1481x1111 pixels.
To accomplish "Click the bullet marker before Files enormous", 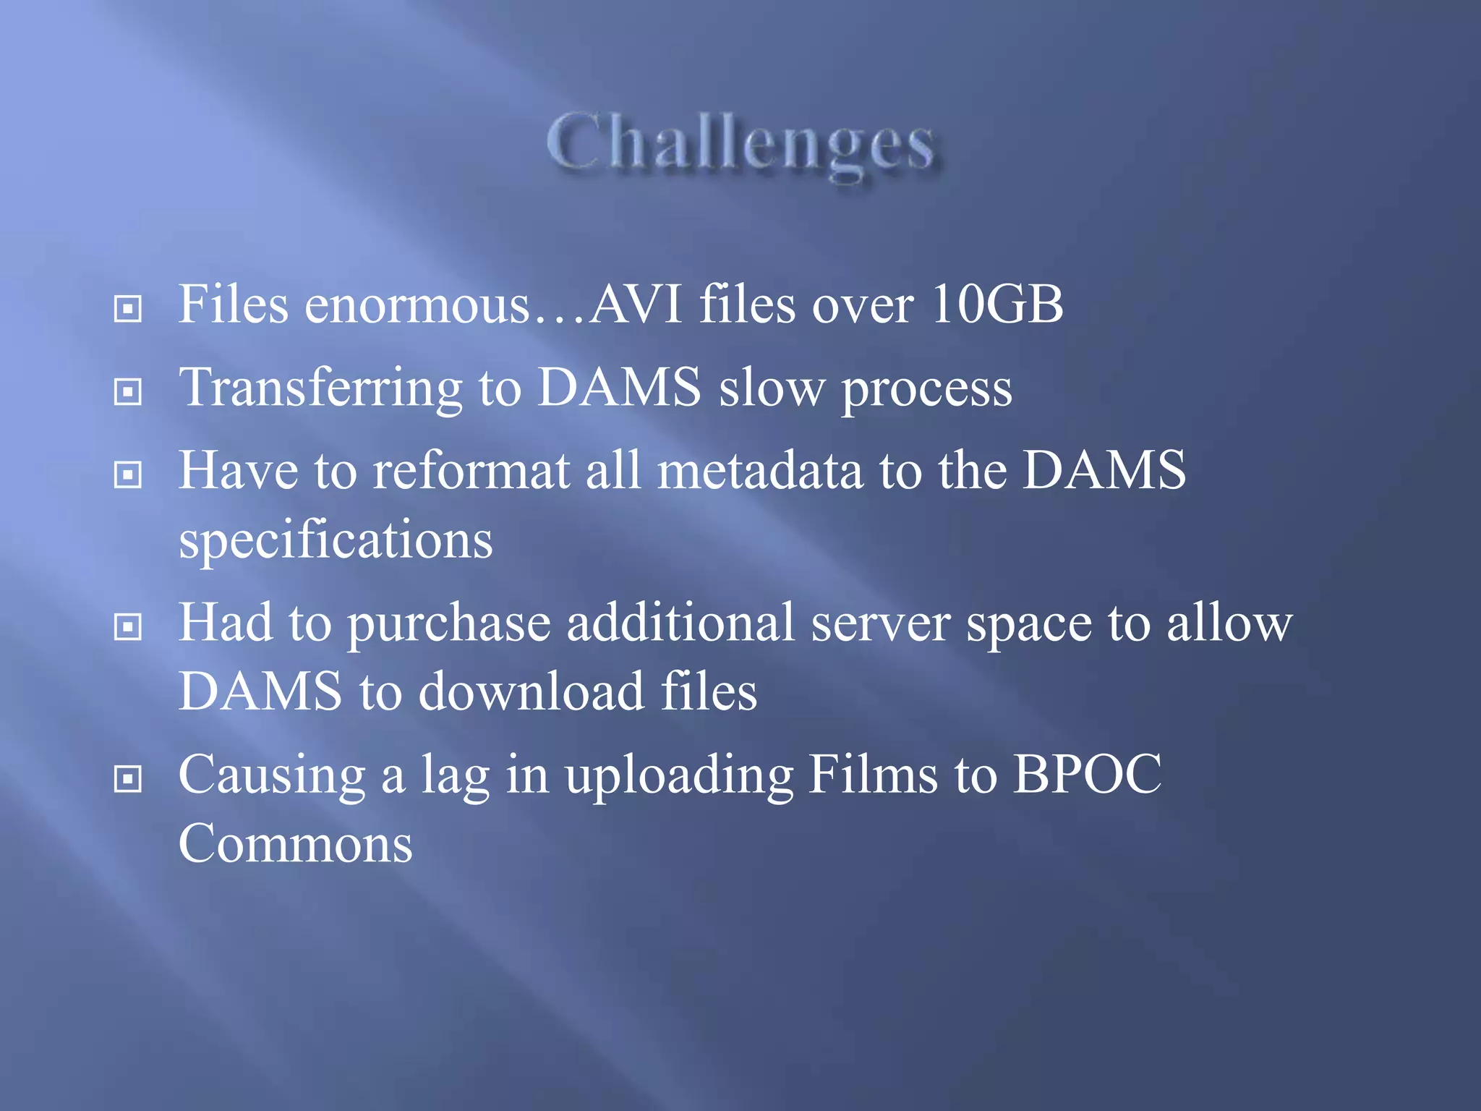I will click(128, 310).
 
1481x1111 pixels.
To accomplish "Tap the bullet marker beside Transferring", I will click(128, 392).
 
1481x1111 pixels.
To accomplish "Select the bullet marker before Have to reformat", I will click(128, 475).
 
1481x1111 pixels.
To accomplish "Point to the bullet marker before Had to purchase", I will click(128, 627).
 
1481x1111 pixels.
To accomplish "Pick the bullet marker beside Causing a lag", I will click(128, 780).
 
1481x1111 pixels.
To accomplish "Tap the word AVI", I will click(636, 304).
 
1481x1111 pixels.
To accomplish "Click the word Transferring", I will click(320, 389).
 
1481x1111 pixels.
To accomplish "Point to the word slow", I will click(771, 388).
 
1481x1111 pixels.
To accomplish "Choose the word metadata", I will click(760, 470).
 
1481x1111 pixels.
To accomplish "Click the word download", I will click(532, 691).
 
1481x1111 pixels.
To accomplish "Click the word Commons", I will click(295, 843).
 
